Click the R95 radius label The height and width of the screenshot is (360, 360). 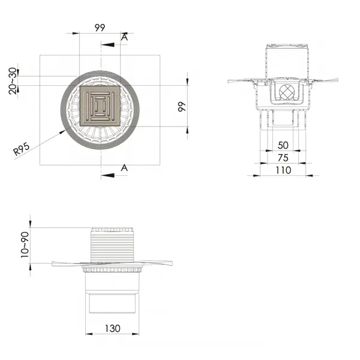click(22, 149)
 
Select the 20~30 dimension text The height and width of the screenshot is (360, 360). click(13, 81)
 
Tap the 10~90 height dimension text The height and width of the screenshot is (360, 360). click(25, 245)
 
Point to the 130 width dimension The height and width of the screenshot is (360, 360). click(113, 329)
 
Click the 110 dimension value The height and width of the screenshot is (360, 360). click(283, 170)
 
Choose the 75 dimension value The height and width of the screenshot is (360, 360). click(283, 158)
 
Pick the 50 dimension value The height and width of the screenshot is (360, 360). click(283, 145)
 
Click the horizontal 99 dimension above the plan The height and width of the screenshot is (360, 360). click(100, 28)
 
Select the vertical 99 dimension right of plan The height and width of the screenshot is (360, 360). click(182, 107)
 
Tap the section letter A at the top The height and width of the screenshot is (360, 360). click(124, 37)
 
